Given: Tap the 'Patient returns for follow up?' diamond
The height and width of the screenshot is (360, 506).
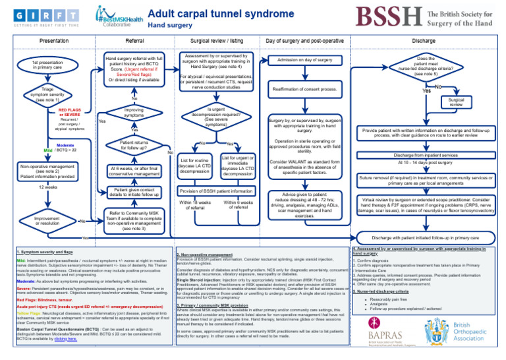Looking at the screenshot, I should tap(134, 145).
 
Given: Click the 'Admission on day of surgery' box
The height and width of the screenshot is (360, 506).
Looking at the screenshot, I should tap(305, 60).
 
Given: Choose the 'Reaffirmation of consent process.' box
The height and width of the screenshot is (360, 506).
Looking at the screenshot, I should tap(305, 88).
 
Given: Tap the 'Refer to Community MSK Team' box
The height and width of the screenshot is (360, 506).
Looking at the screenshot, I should tap(134, 221).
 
